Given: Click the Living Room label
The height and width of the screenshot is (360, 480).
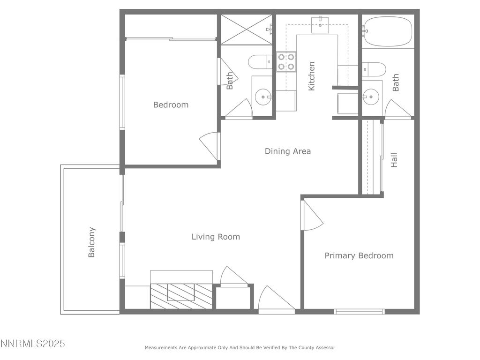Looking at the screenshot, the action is coord(216,237).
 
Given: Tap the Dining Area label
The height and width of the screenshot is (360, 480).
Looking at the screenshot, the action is coord(288,151).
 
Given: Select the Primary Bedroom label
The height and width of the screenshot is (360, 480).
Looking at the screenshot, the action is coord(359,255).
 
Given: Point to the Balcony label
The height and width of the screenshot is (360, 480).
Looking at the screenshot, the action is coord(91,242).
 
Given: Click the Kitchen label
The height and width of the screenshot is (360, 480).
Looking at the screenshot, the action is coord(311,76).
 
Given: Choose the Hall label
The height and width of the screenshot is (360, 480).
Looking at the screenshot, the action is coord(394,160).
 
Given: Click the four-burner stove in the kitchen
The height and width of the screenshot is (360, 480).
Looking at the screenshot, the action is coord(286,61).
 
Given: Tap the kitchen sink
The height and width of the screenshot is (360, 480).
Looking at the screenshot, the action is coord(320,25).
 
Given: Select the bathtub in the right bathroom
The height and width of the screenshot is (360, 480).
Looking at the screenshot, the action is coord(388,31).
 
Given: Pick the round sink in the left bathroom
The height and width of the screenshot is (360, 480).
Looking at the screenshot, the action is coord(263,97).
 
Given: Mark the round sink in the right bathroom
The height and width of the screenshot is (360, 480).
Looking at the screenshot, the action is coord(371,97).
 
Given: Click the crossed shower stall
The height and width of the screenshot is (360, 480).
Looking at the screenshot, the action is coord(247,30).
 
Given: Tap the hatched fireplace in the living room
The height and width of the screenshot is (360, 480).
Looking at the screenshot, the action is coord(181,296).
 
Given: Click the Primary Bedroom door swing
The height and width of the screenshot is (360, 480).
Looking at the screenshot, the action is coord(312,215).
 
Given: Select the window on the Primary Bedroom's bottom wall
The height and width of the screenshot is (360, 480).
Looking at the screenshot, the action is coord(359,312).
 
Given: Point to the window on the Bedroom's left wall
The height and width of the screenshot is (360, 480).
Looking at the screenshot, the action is coord(122,102).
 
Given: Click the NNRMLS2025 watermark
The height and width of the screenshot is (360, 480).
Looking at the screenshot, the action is coord(32,344).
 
